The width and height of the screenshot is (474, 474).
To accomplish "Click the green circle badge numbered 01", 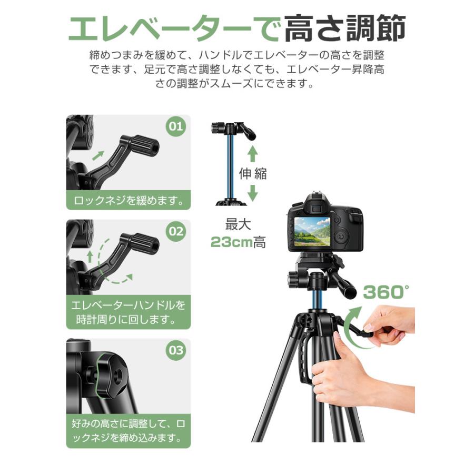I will pos(175,127).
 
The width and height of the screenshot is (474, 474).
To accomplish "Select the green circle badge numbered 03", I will pos(175,351).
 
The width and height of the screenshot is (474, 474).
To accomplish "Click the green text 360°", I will pos(386,292).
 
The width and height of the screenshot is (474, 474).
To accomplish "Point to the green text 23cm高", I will pos(238,242).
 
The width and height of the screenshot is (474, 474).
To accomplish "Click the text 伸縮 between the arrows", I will pos(253,174).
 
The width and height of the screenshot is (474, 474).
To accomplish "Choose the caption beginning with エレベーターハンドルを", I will pos(128,312).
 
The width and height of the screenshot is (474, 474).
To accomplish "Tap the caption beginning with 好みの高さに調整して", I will pos(128,430).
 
